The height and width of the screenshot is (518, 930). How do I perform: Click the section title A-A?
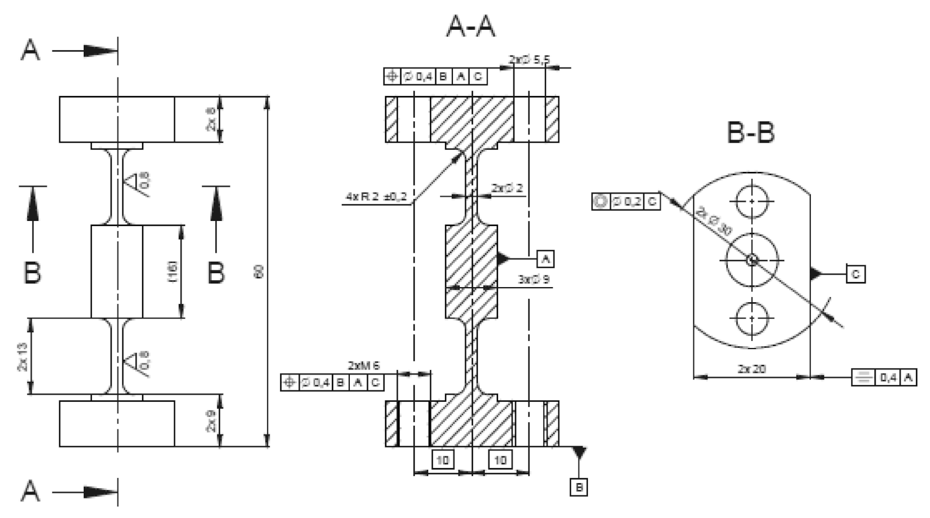tap(471, 27)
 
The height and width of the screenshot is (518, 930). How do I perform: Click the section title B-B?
tap(751, 132)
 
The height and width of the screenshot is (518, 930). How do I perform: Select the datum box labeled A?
tap(545, 259)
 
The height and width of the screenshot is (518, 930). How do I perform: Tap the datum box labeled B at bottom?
tap(579, 487)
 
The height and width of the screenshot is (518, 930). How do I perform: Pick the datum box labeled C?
tap(856, 274)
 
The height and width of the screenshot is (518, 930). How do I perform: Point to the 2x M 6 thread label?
tap(364, 365)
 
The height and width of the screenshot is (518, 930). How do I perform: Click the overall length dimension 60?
tap(259, 272)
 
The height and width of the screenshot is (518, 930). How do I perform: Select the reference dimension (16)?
tap(173, 272)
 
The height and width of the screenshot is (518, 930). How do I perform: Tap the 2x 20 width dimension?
tap(752, 369)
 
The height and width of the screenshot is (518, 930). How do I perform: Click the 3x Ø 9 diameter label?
tap(534, 279)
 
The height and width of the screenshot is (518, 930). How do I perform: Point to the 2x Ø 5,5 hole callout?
tap(529, 60)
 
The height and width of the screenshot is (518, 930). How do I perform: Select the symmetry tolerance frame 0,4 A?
tap(884, 377)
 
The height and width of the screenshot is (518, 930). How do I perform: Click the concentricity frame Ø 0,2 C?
tap(626, 202)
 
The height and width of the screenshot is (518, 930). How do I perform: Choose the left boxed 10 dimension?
tap(442, 460)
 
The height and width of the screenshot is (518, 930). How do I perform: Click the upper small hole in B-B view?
tap(752, 201)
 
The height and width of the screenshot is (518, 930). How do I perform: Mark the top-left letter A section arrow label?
tap(31, 50)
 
